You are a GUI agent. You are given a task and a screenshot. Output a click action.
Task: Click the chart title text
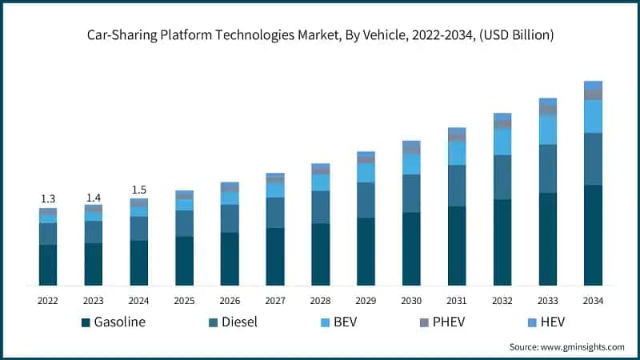(x=320, y=35)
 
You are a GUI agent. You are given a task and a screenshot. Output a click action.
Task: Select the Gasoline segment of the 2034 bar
(x=593, y=235)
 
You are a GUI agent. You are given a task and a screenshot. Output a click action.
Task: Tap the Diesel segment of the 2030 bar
(x=411, y=194)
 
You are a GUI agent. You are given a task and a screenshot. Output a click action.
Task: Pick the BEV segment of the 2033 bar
(x=547, y=130)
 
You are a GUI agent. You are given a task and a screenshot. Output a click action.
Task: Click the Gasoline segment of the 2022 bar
(x=48, y=265)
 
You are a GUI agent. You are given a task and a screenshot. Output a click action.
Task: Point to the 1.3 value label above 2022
(x=48, y=198)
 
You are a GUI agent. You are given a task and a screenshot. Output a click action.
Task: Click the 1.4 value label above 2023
(x=94, y=196)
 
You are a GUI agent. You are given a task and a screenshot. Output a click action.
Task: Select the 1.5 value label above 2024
(x=139, y=190)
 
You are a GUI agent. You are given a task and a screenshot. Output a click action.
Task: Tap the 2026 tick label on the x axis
(x=230, y=301)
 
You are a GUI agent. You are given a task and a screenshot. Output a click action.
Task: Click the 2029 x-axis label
(x=366, y=301)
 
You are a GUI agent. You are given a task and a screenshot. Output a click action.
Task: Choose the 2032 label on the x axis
(x=502, y=301)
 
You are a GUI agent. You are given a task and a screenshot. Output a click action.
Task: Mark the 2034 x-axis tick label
(x=593, y=301)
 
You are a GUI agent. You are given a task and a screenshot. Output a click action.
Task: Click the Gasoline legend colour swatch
(x=85, y=323)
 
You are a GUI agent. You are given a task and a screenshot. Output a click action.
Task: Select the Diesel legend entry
(x=232, y=323)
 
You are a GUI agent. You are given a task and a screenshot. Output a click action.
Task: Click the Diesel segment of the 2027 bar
(x=275, y=212)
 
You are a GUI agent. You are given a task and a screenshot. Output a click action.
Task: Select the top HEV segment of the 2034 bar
(x=593, y=85)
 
